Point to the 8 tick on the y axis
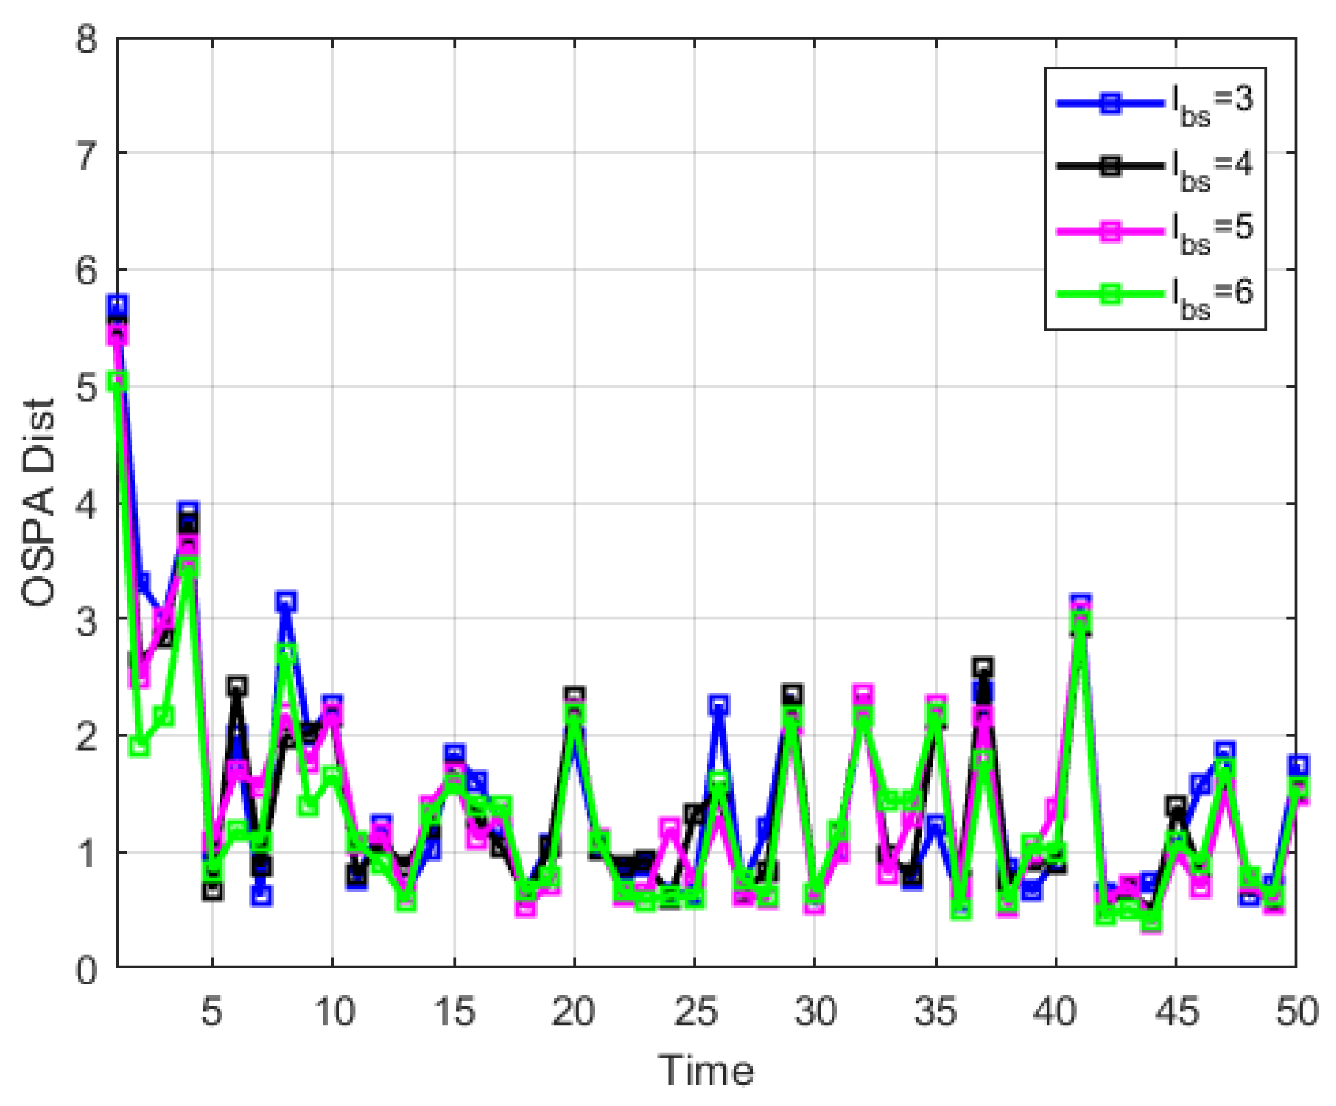[x=87, y=40]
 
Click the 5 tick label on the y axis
[x=87, y=386]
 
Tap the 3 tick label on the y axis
[x=87, y=620]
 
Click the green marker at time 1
[x=118, y=381]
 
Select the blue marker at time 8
[x=287, y=601]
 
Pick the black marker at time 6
[x=237, y=685]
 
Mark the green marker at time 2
[x=140, y=746]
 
